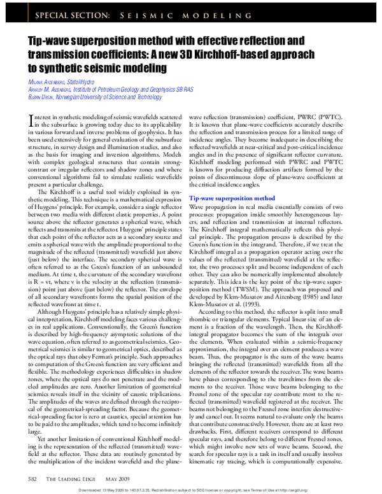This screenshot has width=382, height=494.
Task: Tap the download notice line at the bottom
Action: pyautogui.click(x=191, y=489)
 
